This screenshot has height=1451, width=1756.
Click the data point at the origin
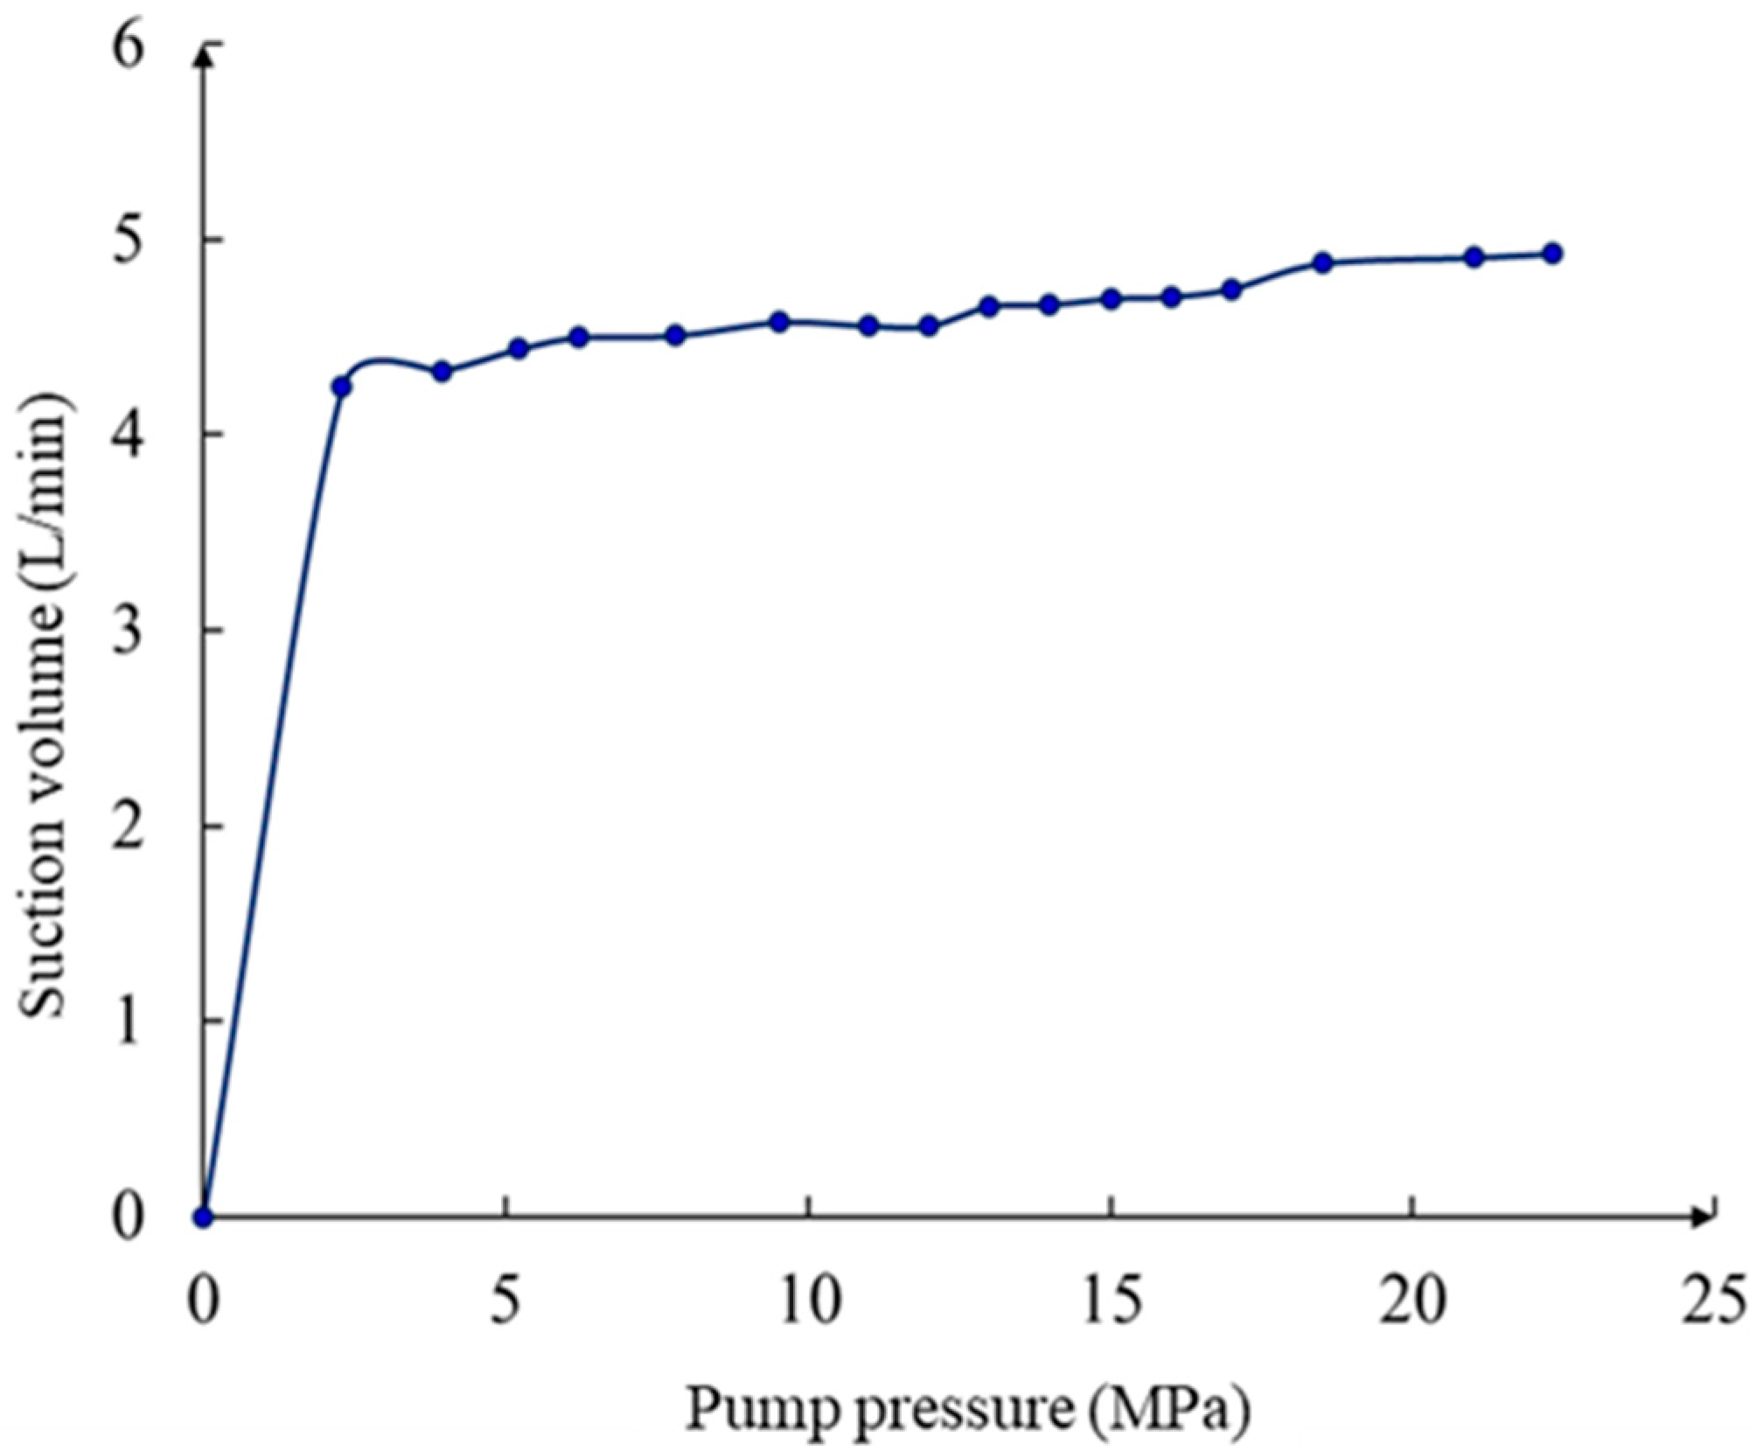click(204, 1217)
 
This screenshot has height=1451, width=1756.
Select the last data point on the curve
click(1552, 254)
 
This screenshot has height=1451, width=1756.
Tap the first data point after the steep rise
click(342, 387)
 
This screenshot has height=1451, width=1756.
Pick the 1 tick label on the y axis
click(128, 1020)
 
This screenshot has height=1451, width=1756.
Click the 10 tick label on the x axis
click(810, 1301)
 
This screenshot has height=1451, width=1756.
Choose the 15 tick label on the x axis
click(1111, 1301)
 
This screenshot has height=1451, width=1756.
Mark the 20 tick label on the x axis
click(1411, 1301)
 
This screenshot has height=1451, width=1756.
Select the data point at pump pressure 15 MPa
click(1111, 299)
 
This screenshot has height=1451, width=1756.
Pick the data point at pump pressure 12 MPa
click(930, 326)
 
